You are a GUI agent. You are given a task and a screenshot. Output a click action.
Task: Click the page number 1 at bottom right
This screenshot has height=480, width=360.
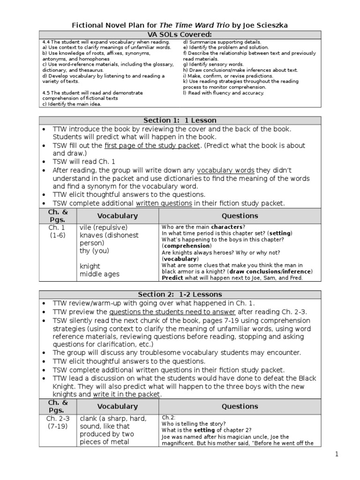[x=336, y=454]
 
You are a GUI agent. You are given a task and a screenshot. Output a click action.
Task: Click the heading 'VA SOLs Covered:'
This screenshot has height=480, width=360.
[x=180, y=35]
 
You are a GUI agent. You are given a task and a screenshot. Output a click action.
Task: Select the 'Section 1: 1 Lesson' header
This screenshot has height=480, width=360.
[x=180, y=120]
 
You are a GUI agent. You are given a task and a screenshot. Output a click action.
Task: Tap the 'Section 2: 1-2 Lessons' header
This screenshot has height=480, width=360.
[x=180, y=294]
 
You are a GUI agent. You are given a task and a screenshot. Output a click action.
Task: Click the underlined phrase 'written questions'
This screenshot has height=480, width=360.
[x=164, y=203]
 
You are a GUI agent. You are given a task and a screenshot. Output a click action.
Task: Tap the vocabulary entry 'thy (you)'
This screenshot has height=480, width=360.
[x=94, y=251]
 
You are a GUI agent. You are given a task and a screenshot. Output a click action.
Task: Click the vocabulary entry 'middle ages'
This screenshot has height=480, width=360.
[x=99, y=274]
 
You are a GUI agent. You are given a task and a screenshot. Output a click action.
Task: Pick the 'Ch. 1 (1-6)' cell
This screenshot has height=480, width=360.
[x=57, y=231]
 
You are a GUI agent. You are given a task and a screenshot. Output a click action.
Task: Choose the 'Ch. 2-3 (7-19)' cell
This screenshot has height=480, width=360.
[x=57, y=422]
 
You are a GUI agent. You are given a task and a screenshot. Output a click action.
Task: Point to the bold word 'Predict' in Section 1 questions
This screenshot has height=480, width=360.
[x=172, y=277]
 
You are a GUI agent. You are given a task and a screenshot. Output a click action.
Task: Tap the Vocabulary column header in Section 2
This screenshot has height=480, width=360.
[x=117, y=406]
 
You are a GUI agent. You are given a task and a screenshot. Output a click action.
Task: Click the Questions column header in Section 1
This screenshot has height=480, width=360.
[x=240, y=216]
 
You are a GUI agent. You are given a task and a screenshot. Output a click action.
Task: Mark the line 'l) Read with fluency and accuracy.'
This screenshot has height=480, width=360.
[x=224, y=93]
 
